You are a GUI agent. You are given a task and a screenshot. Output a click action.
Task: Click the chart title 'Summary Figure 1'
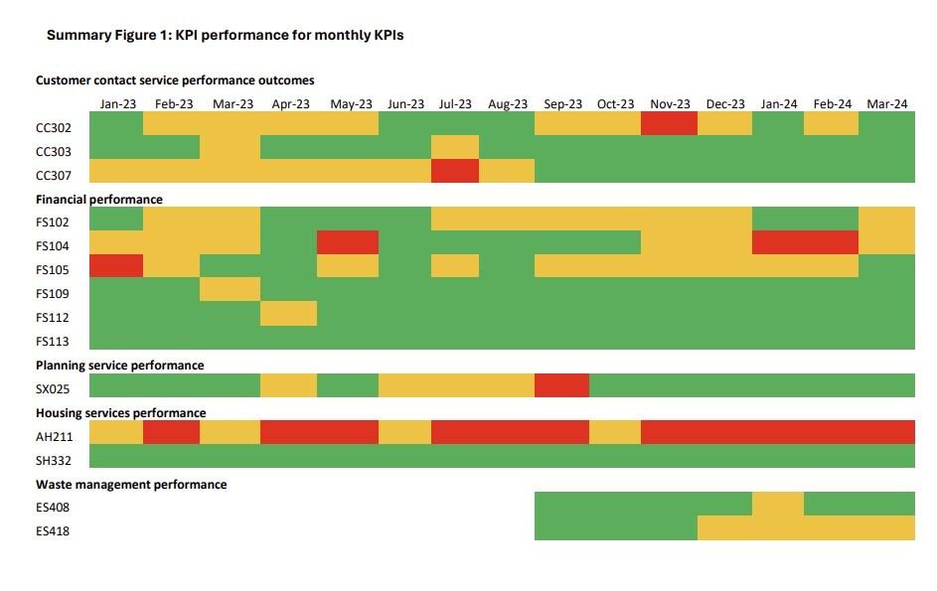(x=225, y=35)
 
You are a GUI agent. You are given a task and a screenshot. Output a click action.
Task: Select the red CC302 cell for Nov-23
(x=670, y=124)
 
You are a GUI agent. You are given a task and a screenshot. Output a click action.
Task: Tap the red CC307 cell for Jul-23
(x=455, y=171)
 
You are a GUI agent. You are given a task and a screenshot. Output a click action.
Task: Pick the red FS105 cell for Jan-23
(x=116, y=265)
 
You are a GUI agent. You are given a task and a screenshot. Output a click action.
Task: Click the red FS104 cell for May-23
(x=348, y=242)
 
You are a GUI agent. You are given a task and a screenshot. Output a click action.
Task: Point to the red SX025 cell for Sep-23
(x=561, y=385)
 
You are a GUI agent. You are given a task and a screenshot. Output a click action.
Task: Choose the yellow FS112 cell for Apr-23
(x=288, y=314)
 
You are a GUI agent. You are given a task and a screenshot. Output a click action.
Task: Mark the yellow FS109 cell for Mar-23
(x=231, y=289)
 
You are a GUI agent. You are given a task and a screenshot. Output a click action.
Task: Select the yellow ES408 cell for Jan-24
(x=778, y=504)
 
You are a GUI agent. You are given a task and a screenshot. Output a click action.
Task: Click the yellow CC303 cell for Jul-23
(x=455, y=147)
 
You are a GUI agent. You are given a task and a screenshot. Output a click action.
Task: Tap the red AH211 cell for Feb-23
(x=171, y=432)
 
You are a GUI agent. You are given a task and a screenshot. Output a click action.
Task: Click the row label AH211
(x=54, y=436)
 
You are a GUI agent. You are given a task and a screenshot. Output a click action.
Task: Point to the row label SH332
(x=54, y=460)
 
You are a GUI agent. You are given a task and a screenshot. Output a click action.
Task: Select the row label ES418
(x=54, y=531)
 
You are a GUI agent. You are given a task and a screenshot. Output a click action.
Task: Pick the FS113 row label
(x=54, y=342)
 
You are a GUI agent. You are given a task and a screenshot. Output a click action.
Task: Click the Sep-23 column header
(x=562, y=104)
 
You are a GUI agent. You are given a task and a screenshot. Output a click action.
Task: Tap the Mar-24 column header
(x=886, y=104)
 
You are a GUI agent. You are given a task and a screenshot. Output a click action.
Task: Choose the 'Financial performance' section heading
(x=99, y=200)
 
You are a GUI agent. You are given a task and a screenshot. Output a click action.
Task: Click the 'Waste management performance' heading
(x=131, y=485)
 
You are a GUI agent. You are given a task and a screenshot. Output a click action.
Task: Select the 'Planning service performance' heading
(x=120, y=366)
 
